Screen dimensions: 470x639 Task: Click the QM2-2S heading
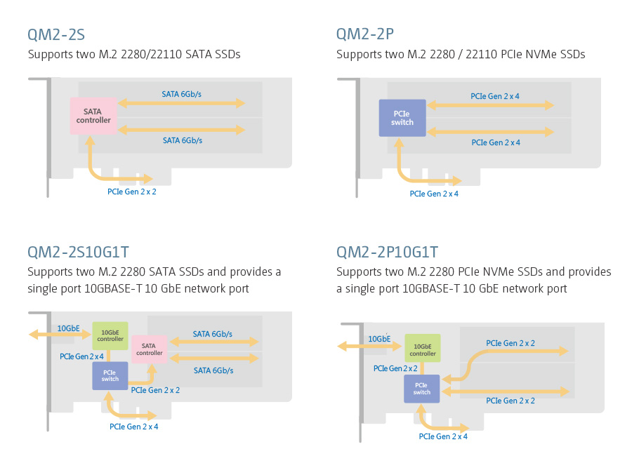(x=56, y=34)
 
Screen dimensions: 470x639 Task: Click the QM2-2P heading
(x=365, y=34)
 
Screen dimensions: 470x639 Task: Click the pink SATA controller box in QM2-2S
(x=93, y=116)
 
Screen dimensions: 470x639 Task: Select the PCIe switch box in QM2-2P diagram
(x=402, y=118)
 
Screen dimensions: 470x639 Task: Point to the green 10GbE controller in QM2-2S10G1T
(x=110, y=335)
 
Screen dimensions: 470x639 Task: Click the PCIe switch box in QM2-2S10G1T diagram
(x=110, y=375)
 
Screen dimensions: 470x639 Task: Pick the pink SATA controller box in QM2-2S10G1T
(x=149, y=349)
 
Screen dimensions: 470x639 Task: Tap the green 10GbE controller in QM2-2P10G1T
(x=422, y=349)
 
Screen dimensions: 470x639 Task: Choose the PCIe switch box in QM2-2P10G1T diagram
(x=422, y=388)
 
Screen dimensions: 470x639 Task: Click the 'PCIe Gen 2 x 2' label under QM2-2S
(x=132, y=191)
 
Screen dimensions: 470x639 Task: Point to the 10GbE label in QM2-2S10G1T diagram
(x=68, y=328)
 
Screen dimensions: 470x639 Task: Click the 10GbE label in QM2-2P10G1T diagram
(x=379, y=340)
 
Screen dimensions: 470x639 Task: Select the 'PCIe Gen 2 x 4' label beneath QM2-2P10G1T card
(x=443, y=436)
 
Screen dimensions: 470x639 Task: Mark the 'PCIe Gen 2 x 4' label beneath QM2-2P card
(x=434, y=194)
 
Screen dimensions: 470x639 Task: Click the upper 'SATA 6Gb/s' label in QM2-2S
(x=182, y=93)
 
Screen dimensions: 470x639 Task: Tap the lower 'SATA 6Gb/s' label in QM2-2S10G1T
(x=213, y=370)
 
